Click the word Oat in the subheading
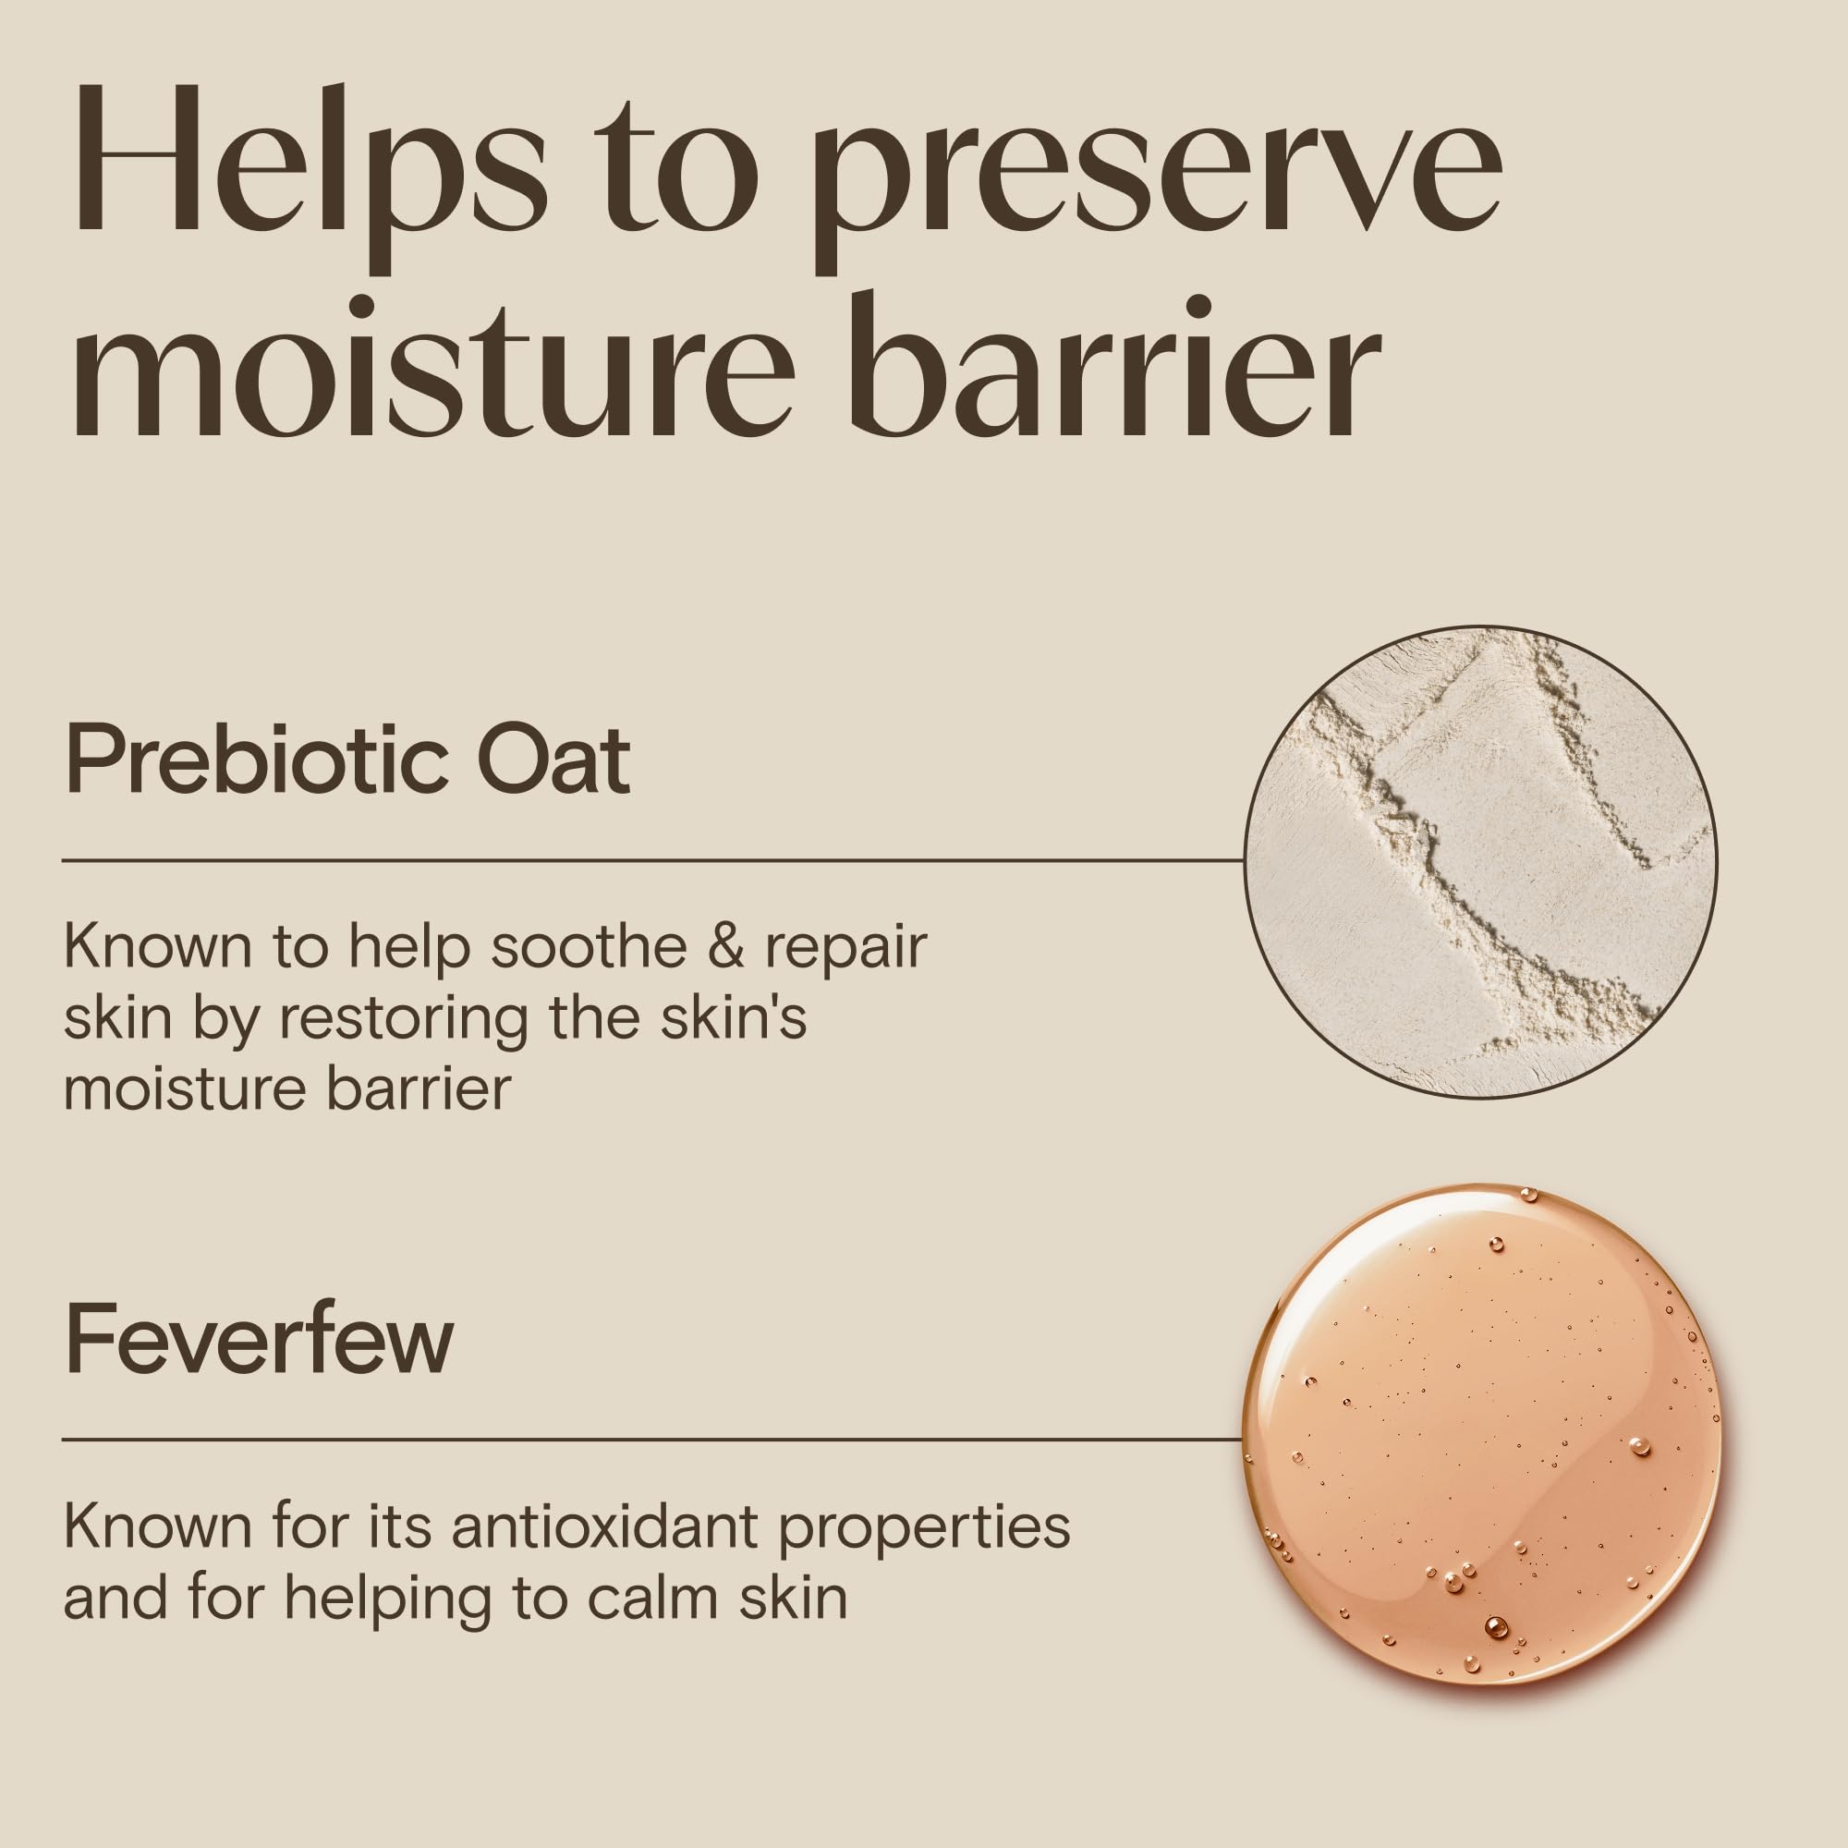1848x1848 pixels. coord(554,761)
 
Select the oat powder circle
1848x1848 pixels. coord(1480,861)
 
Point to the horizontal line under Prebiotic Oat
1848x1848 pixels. coord(653,860)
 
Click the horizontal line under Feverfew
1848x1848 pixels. coord(653,1439)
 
